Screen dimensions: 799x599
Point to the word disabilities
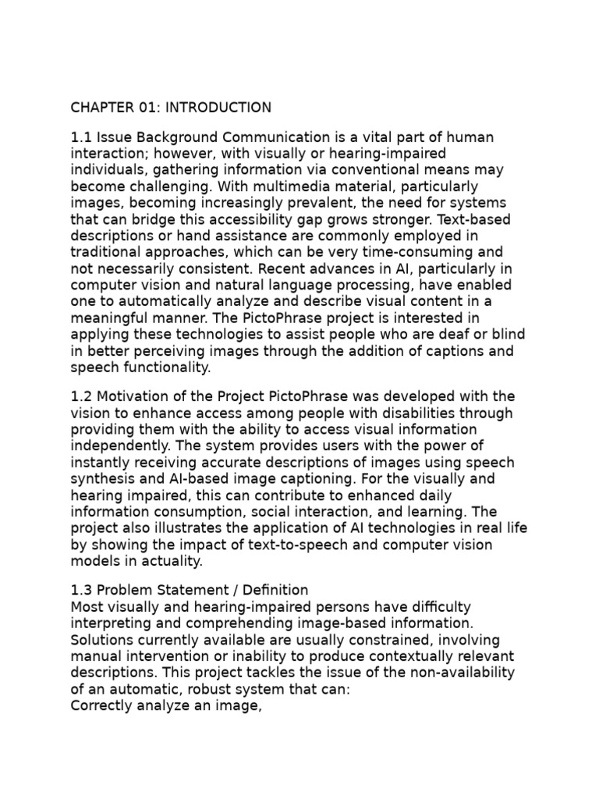tap(389, 414)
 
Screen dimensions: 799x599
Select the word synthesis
tap(101, 479)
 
